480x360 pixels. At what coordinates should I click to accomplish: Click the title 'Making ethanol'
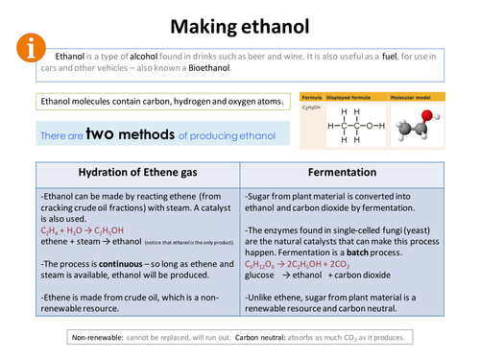click(239, 26)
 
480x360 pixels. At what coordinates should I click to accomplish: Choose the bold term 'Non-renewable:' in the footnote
click(99, 337)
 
